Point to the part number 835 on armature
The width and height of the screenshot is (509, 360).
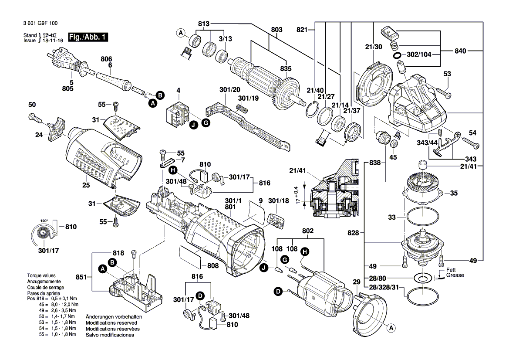(x=286, y=69)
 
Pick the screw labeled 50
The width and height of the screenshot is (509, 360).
(x=34, y=117)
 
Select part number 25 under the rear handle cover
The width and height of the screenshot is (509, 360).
(x=86, y=186)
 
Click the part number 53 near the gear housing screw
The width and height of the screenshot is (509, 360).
(x=447, y=74)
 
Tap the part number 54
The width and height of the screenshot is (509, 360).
(x=472, y=132)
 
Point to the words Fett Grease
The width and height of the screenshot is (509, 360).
(x=455, y=272)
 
